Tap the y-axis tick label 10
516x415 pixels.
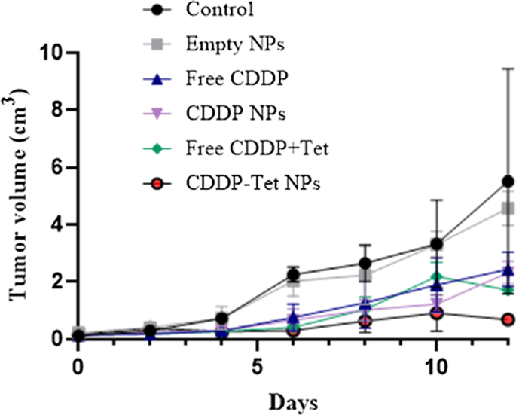52,53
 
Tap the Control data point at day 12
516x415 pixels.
508,182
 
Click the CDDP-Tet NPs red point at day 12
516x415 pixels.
508,319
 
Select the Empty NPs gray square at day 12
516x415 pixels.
508,208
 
